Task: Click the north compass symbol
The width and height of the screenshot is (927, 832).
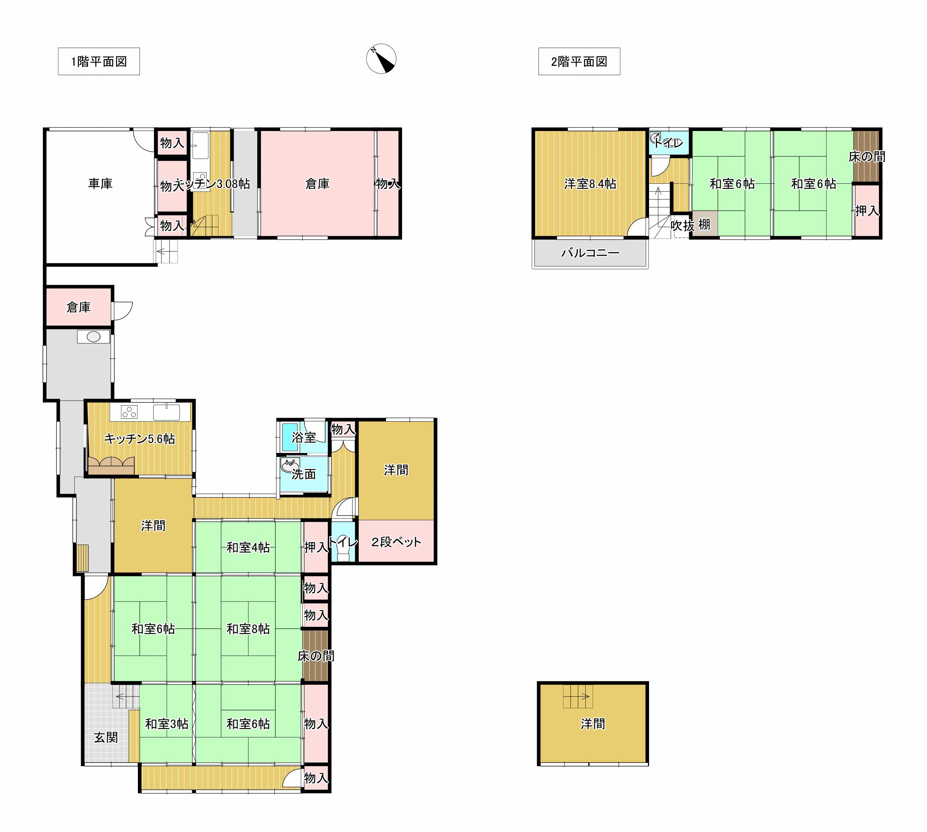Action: coord(381,59)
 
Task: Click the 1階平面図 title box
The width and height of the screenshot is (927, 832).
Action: coord(99,61)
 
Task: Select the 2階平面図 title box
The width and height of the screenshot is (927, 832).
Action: coord(579,61)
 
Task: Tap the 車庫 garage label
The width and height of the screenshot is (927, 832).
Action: coord(100,184)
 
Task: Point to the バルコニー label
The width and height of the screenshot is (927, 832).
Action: coord(590,252)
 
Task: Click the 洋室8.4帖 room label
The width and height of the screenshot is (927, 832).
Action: coord(590,184)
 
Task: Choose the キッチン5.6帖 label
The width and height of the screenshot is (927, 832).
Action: coord(139,439)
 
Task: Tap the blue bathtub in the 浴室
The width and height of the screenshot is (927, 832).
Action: coord(289,437)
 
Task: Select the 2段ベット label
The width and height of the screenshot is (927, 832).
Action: coord(396,542)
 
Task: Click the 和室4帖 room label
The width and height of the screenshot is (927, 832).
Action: coord(248,547)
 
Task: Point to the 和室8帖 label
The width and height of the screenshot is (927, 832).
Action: coord(248,629)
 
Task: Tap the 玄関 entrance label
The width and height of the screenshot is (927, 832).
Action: coord(106,737)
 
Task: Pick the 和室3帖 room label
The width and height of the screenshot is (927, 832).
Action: coord(167,724)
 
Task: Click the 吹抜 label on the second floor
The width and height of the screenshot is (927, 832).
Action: coord(683,226)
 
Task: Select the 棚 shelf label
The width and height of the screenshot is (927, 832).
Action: coord(704,224)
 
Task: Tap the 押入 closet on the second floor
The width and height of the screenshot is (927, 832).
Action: coord(867,211)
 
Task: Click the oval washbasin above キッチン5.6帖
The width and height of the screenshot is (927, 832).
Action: coord(93,337)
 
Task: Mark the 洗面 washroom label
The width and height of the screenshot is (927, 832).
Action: coord(304,474)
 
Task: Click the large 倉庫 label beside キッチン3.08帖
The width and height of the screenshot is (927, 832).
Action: coord(317,184)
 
